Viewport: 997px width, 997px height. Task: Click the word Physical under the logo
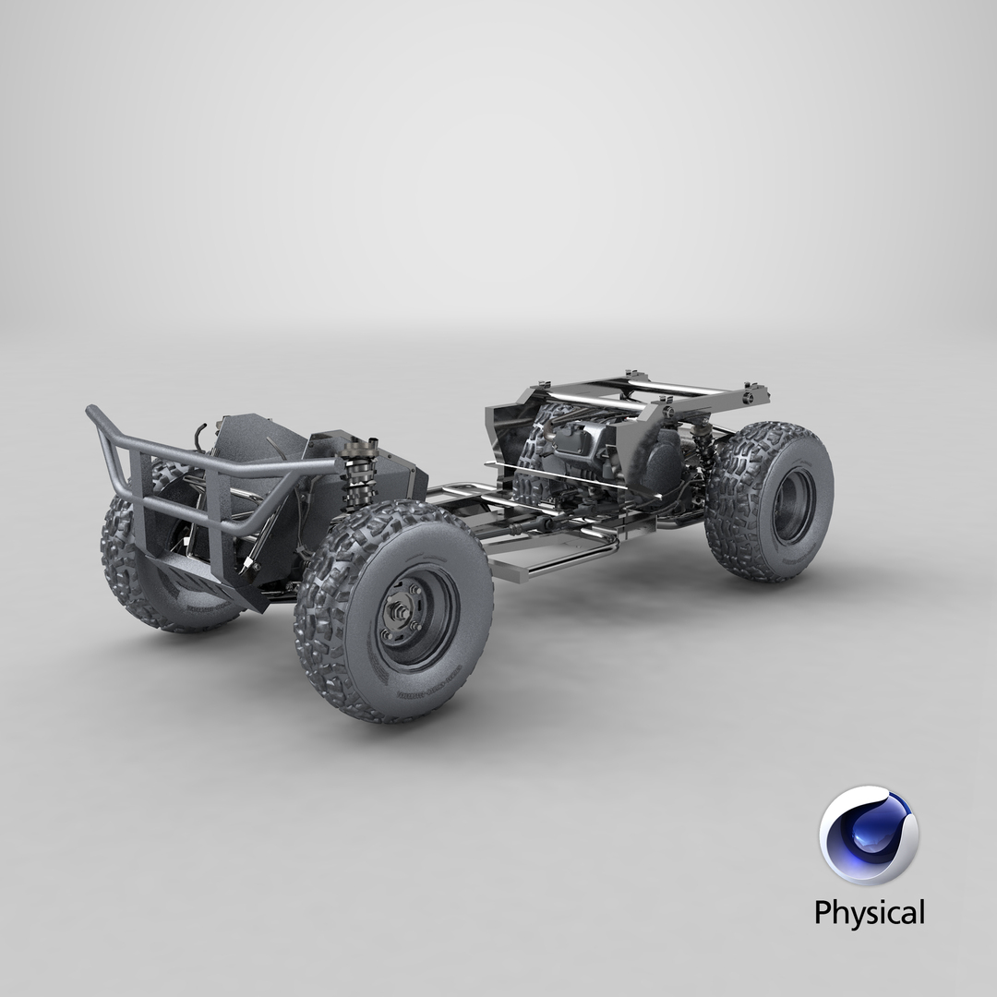(x=869, y=913)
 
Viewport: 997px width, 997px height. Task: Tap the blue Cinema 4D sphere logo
(x=868, y=835)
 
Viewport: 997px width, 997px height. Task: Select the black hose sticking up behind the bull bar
(x=200, y=434)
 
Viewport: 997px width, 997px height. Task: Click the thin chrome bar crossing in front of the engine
(x=572, y=479)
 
